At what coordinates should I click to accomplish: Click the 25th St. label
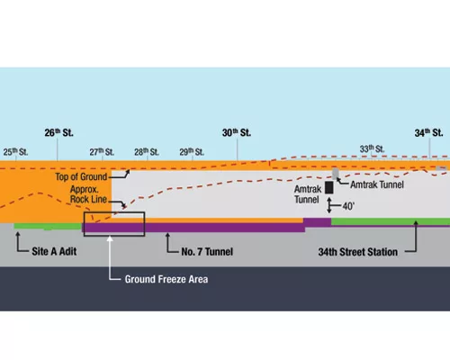coord(15,152)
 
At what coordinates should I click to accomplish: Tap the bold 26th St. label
coord(58,132)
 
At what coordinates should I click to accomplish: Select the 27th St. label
coord(102,152)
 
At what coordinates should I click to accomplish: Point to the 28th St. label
coord(147,152)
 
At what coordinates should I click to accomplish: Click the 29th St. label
coord(192,152)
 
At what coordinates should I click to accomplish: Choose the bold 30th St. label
coord(237,132)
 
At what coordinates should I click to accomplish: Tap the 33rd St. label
coord(372,148)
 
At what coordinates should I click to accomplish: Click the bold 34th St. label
coord(429,132)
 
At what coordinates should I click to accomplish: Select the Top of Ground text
coord(81,176)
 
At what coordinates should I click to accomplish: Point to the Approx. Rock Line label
coord(88,194)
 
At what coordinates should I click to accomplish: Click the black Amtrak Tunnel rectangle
coord(329,187)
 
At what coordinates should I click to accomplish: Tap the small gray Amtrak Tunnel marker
coord(336,174)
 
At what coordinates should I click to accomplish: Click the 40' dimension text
coord(348,206)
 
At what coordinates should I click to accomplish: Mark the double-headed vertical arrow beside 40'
coord(329,205)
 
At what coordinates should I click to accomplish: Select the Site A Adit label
coord(54,251)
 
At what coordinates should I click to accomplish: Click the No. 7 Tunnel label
coord(207,251)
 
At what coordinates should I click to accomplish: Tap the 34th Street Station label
coord(358,252)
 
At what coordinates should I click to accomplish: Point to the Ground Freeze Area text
coord(166,279)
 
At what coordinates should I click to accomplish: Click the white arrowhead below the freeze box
coord(110,238)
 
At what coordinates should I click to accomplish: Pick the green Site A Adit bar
coord(48,226)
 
